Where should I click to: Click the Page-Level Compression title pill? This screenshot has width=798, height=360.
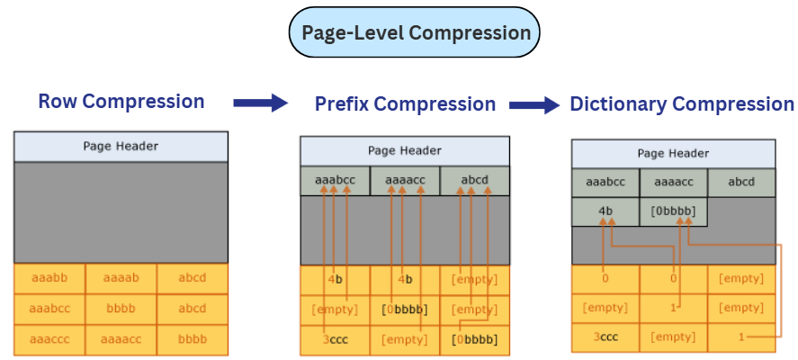[x=415, y=34]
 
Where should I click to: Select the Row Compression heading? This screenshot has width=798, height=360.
[x=121, y=102]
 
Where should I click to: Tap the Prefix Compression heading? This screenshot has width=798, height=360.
[x=405, y=104]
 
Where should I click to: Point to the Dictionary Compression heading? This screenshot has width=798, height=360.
[x=682, y=104]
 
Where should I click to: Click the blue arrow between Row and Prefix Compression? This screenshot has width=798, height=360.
[x=259, y=103]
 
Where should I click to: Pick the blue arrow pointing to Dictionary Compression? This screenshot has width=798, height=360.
[x=534, y=104]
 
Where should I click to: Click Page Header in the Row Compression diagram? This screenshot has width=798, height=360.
[x=121, y=146]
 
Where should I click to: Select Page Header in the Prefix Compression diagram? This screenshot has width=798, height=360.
[x=405, y=150]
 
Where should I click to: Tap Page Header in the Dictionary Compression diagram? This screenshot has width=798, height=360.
[x=673, y=154]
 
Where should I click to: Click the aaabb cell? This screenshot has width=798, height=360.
[x=49, y=278]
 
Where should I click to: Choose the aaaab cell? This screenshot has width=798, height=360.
[x=121, y=278]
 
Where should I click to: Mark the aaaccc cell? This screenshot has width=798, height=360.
[x=49, y=338]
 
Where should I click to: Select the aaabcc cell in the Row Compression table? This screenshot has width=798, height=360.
[x=49, y=308]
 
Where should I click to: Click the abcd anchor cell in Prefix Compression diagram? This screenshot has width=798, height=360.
[x=474, y=180]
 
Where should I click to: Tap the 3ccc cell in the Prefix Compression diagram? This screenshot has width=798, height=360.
[x=335, y=339]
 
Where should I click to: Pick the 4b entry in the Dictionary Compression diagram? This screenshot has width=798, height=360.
[x=605, y=211]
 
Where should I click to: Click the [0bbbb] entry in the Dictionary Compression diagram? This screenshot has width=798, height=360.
[x=673, y=211]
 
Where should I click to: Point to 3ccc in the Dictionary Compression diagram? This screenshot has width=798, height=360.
[x=605, y=337]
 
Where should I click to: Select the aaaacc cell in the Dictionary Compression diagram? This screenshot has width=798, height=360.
[x=673, y=183]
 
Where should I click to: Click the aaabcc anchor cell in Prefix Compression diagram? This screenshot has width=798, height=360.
[x=335, y=180]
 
